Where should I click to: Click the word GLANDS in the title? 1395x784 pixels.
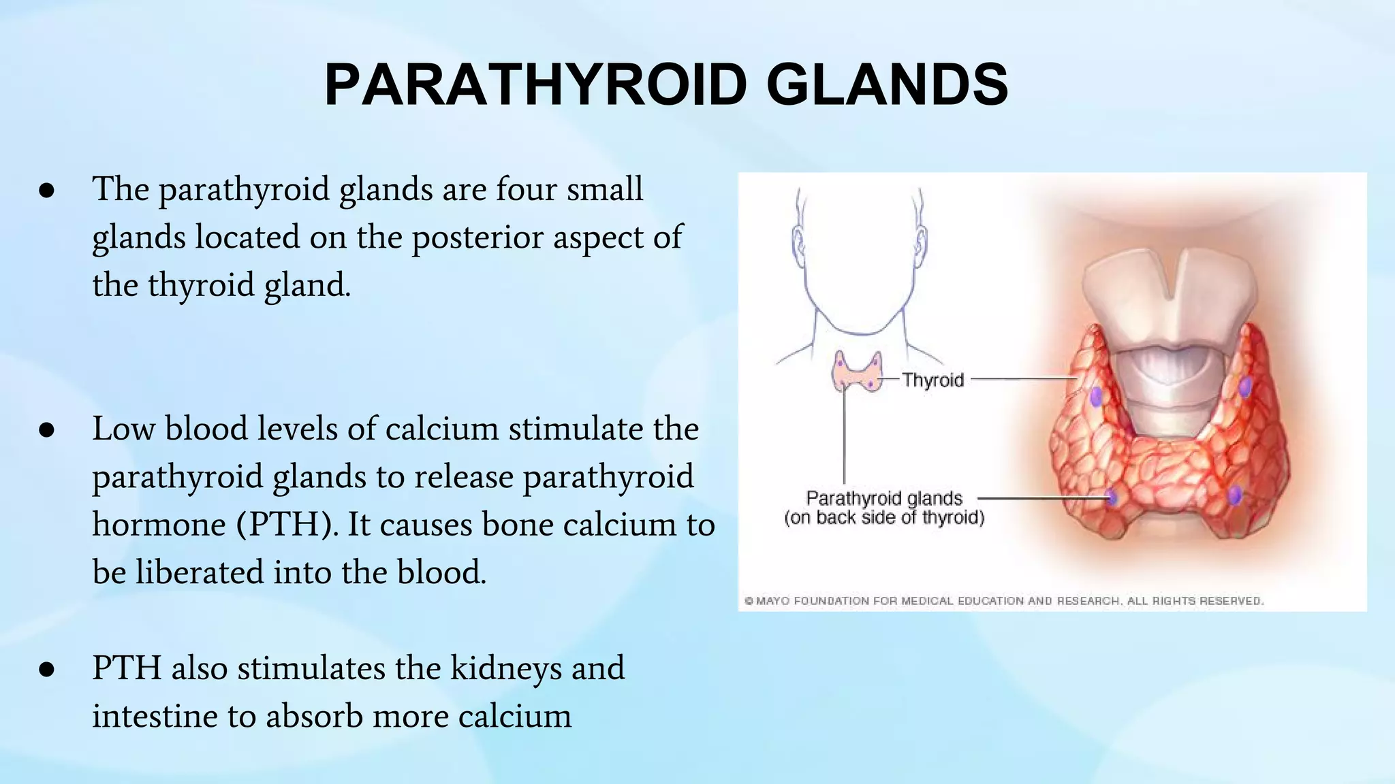887,85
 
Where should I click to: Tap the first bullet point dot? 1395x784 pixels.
46,191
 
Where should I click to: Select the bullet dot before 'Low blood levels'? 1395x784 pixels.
46,431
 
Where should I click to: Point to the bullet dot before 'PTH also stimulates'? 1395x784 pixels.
46,670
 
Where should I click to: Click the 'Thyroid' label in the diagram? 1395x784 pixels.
932,380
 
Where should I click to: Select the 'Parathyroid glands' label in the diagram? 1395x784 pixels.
884,498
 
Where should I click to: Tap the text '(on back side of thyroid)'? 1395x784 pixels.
884,518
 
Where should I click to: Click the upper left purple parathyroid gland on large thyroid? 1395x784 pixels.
1096,395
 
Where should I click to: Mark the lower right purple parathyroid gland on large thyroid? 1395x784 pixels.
1235,495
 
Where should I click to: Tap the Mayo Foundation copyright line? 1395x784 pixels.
1003,601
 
